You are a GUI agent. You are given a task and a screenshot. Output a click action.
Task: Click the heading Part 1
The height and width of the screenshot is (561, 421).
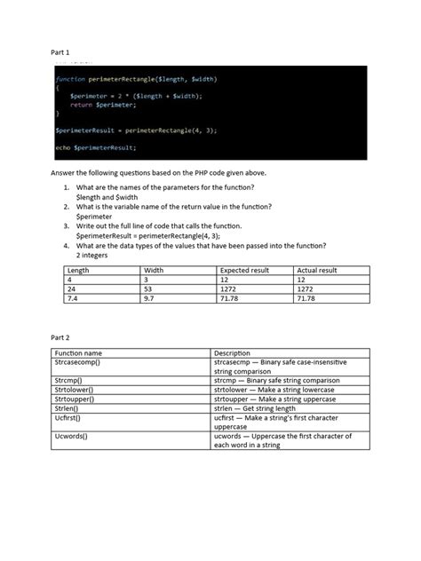pos(63,52)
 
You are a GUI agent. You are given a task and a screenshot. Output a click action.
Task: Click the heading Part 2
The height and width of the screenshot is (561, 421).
pos(63,338)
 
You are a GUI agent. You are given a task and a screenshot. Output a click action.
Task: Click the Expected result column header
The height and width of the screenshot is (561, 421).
pos(244,271)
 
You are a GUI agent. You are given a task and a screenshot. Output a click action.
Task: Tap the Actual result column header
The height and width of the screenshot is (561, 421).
pos(317,271)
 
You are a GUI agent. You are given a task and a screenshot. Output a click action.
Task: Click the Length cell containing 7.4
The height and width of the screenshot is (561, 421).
pos(71,299)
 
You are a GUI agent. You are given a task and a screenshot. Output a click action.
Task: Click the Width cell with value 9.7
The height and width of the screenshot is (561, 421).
pos(150,299)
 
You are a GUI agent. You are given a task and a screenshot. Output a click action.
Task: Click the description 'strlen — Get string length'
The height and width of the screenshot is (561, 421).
pos(258,408)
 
